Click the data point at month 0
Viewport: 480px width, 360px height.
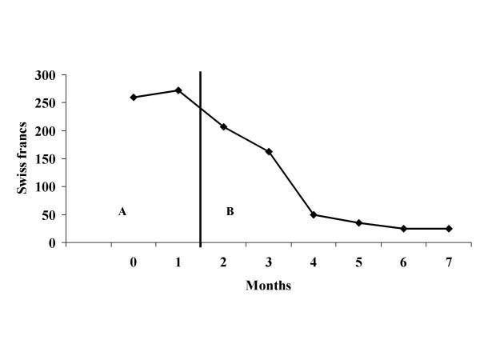[x=133, y=98]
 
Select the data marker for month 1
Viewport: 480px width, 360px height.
[x=178, y=90]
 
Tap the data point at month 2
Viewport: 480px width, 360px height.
[x=223, y=127]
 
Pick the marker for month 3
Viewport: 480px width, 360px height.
[x=268, y=151]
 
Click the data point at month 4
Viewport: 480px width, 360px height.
[x=314, y=214]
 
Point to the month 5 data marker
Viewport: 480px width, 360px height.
[x=358, y=222]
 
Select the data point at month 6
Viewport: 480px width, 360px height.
[x=404, y=229]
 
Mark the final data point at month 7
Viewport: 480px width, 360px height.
[x=449, y=229]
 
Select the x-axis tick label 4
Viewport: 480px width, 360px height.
[x=314, y=262]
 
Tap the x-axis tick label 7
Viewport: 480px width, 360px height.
[x=449, y=262]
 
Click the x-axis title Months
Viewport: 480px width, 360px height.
[x=268, y=286]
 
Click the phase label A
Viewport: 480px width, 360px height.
[x=122, y=212]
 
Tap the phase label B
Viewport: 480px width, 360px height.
[x=230, y=212]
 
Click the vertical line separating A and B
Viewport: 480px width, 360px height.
[x=200, y=160]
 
